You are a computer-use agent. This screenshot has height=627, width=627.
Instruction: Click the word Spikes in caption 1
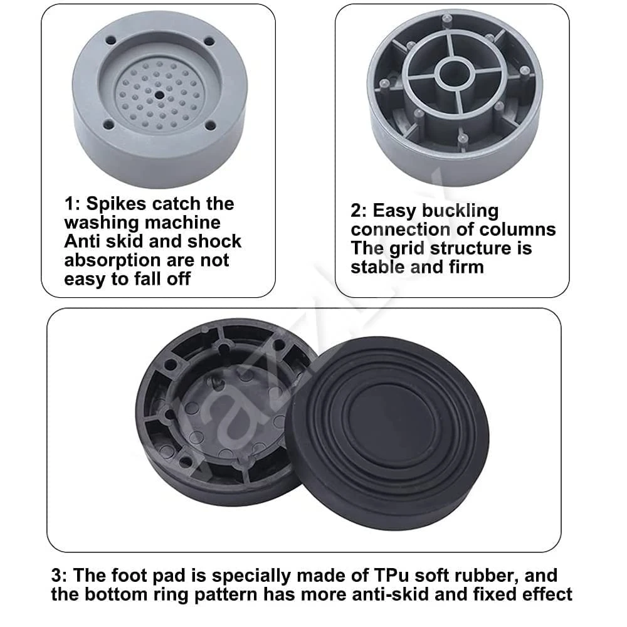click(x=117, y=204)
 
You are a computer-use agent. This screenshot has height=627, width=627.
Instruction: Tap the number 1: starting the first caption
click(x=73, y=204)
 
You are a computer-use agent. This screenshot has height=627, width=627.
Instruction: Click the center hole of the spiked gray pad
click(x=159, y=95)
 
